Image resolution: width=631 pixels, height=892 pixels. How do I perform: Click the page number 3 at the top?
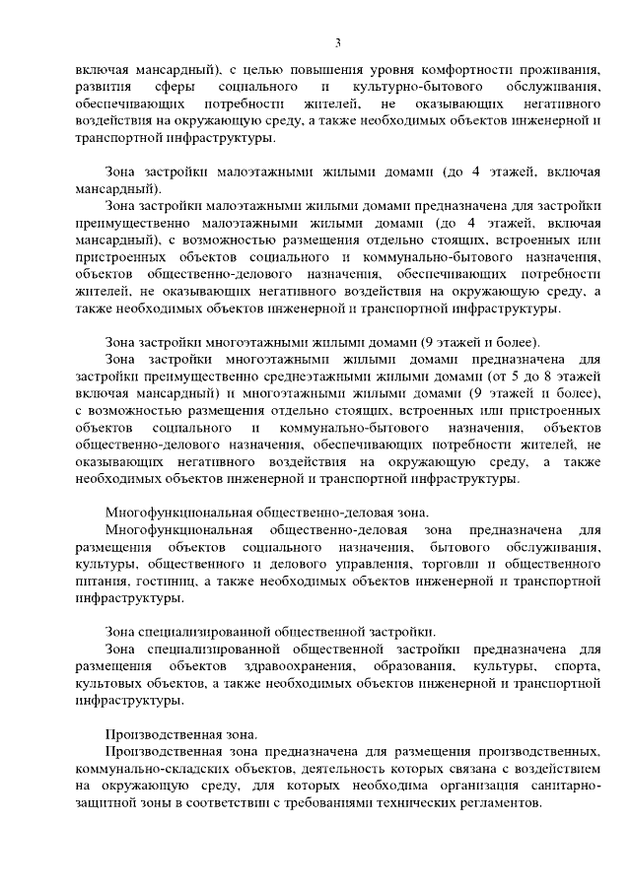point(338,41)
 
